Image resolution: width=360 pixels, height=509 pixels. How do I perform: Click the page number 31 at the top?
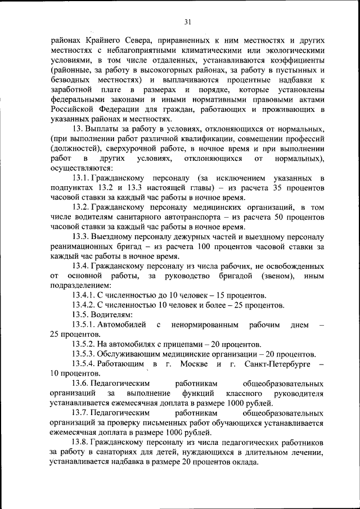coord(187,22)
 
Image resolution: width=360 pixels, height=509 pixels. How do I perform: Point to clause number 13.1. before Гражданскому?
coord(82,178)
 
